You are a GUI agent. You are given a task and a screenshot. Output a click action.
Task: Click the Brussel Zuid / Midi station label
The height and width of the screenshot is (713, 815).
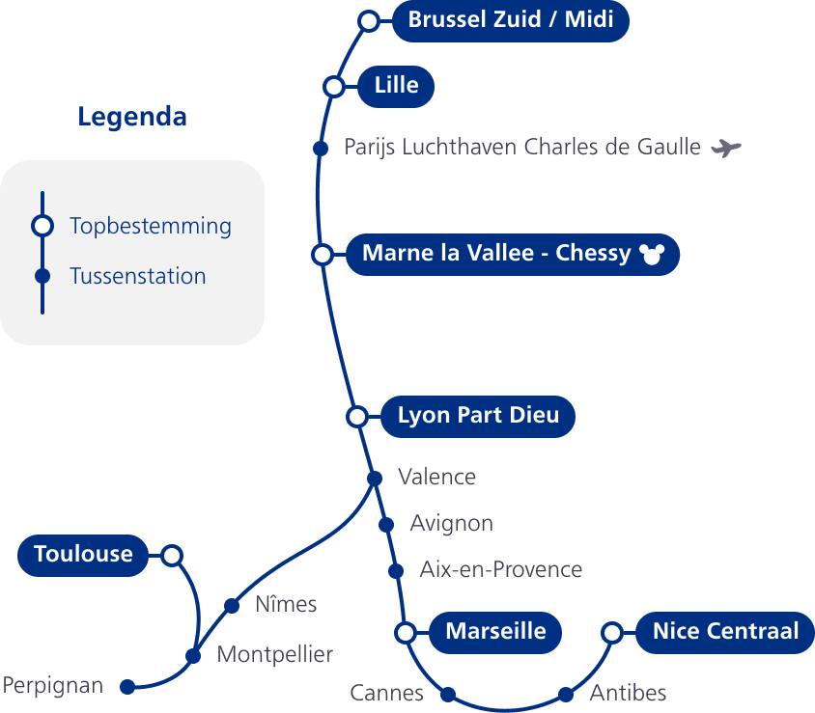511,20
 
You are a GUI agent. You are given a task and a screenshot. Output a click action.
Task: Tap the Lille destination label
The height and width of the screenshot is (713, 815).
396,86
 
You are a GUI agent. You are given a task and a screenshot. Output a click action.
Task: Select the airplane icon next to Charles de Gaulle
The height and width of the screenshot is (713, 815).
725,148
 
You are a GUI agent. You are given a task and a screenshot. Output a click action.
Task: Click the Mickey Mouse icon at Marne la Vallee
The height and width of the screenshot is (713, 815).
653,255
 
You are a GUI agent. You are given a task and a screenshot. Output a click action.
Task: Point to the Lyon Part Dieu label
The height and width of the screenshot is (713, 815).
478,416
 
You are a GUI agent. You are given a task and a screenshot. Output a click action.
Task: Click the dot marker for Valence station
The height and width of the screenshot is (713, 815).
375,479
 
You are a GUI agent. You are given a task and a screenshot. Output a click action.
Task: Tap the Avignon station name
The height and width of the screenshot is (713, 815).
451,524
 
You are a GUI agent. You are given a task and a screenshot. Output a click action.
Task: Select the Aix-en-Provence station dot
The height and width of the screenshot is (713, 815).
395,571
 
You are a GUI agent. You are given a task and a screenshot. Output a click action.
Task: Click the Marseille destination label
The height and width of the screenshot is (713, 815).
495,632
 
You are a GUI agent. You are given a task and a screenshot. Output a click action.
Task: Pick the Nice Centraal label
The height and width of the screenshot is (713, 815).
725,632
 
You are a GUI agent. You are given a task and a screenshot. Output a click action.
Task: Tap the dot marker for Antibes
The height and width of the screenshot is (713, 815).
566,694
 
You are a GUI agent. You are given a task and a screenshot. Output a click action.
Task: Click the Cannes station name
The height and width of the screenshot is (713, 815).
386,693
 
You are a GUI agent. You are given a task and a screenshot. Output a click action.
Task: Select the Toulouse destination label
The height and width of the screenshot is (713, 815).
83,555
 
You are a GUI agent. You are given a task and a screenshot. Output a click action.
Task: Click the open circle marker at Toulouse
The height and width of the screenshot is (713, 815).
172,556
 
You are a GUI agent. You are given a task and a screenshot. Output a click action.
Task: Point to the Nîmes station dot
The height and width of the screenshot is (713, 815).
232,606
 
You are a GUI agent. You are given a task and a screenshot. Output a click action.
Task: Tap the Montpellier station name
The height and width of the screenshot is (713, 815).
274,655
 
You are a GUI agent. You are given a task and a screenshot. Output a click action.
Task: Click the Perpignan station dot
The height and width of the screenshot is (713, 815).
126,687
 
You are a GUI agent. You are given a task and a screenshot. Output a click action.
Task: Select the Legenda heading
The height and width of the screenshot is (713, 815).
132,118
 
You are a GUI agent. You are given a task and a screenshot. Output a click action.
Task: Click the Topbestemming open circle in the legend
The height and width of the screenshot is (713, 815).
42,226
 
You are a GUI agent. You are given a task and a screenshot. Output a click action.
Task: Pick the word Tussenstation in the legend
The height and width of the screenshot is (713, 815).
138,277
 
